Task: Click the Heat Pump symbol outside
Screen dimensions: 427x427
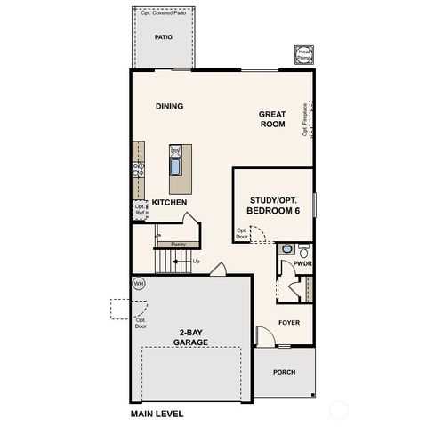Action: pos(304,55)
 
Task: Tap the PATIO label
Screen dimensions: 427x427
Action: pos(163,38)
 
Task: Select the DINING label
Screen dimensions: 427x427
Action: pos(169,106)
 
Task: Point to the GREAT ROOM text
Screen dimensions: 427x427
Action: pos(272,119)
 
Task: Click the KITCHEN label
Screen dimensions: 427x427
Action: pos(169,203)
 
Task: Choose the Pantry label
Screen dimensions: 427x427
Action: pos(178,243)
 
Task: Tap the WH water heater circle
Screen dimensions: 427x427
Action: pos(139,284)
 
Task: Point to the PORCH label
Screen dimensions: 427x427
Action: pos(284,372)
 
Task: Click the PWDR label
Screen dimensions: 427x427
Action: pos(302,264)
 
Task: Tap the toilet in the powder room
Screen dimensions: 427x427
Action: pos(303,250)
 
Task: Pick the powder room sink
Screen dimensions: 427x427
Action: pos(286,250)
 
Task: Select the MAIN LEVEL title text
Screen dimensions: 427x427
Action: pos(158,414)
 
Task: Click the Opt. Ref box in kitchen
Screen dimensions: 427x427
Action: pos(140,210)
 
